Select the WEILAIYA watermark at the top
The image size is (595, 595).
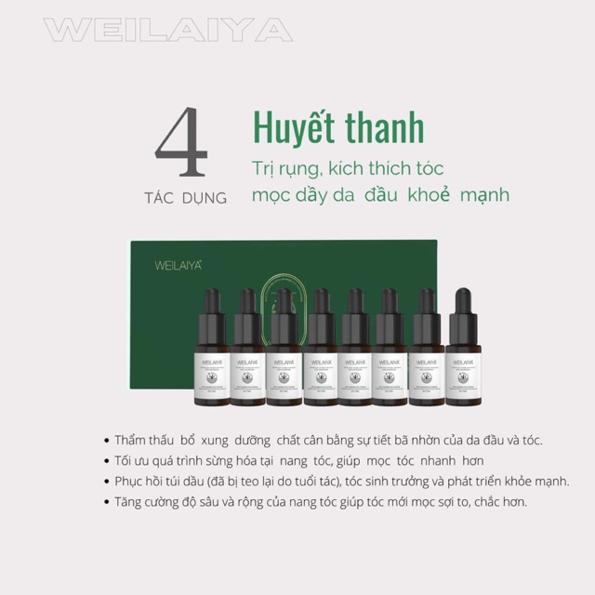click(167, 30)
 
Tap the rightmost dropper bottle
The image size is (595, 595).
click(463, 350)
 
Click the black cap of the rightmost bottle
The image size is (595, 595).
click(463, 305)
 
